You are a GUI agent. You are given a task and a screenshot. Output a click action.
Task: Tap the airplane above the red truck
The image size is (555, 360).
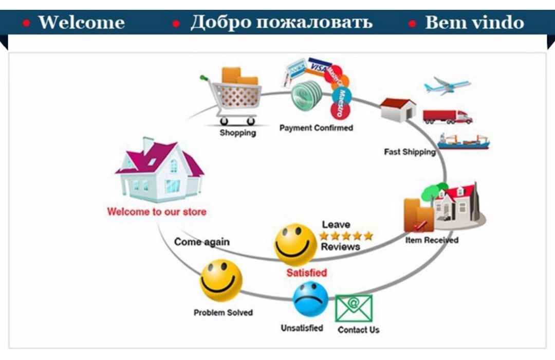pyautogui.click(x=447, y=86)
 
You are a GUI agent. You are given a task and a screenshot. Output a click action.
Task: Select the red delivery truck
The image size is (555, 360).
pyautogui.click(x=448, y=117)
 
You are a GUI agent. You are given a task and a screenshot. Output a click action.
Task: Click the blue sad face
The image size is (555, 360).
pyautogui.click(x=310, y=299)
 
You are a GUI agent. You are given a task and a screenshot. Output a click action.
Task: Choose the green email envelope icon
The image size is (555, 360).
pyautogui.click(x=354, y=308)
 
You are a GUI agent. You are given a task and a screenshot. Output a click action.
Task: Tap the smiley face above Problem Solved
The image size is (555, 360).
pyautogui.click(x=221, y=281)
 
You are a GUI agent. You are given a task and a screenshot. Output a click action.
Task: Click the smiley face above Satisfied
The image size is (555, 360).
pyautogui.click(x=295, y=244)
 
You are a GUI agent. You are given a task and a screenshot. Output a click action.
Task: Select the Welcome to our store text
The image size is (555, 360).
pyautogui.click(x=157, y=212)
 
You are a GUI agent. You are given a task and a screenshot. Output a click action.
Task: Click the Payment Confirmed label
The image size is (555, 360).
pyautogui.click(x=316, y=128)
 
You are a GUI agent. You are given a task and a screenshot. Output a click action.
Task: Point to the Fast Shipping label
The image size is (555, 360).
pyautogui.click(x=410, y=152)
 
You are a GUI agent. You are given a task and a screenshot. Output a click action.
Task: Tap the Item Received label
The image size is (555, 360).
pyautogui.click(x=432, y=240)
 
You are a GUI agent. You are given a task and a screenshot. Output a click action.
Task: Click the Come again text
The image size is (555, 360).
pyautogui.click(x=202, y=242)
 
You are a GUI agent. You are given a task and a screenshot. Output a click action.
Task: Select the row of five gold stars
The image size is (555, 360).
pyautogui.click(x=346, y=236)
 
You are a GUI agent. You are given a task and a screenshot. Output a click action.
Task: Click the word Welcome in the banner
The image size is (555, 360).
pyautogui.click(x=81, y=22)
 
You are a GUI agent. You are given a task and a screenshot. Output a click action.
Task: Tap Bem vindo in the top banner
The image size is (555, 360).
pyautogui.click(x=474, y=22)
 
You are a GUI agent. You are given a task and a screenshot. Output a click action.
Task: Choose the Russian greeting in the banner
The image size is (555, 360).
pyautogui.click(x=282, y=22)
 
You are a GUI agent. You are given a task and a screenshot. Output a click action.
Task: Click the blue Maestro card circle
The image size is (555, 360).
pyautogui.click(x=342, y=96)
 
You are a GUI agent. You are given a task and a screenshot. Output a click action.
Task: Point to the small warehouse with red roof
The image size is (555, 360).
pyautogui.click(x=398, y=110)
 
